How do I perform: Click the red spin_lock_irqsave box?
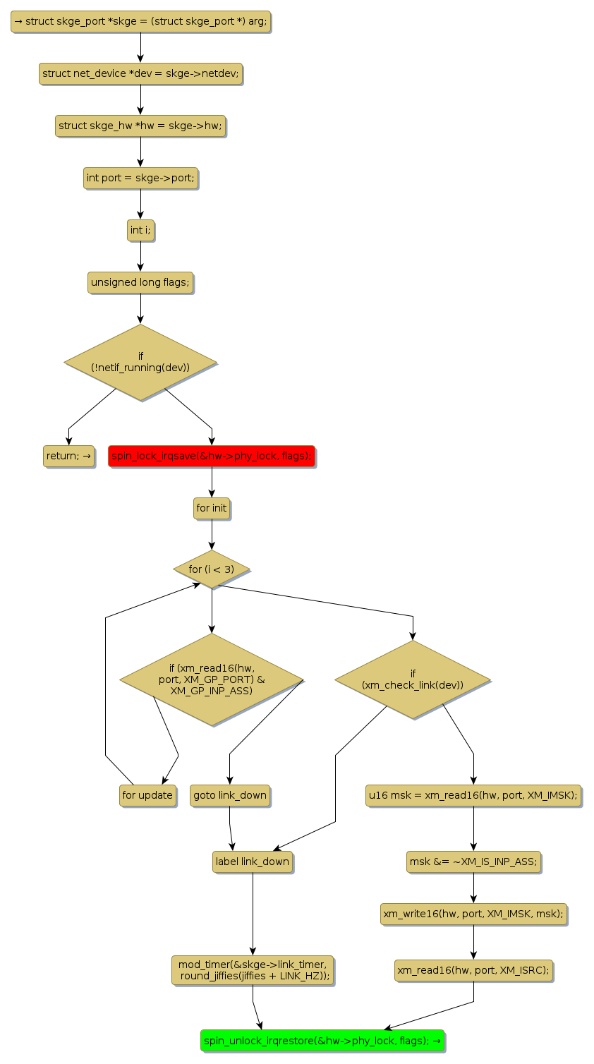coord(211,456)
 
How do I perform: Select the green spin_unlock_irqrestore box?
coord(322,1040)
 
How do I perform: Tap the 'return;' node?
coord(68,456)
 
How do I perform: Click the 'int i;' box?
coord(140,230)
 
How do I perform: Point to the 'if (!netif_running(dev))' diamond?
coord(140,362)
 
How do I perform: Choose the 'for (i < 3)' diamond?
coord(212,569)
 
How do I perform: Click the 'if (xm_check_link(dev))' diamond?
coord(413,679)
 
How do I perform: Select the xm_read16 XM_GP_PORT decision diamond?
coord(211,679)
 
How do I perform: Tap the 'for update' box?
coord(147,795)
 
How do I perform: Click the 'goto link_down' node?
coord(230,795)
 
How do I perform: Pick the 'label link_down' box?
coord(253,862)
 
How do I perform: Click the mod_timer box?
coord(253,970)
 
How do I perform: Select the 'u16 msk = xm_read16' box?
coord(473,795)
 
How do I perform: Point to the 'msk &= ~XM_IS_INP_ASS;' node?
coord(473,862)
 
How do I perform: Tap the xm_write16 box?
coord(473,914)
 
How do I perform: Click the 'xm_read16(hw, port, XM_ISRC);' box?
coord(473,970)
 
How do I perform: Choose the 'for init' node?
coord(212,508)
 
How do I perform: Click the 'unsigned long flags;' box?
coord(140,282)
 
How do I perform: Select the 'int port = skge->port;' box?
coord(140,178)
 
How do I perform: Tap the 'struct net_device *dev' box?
coord(140,73)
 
